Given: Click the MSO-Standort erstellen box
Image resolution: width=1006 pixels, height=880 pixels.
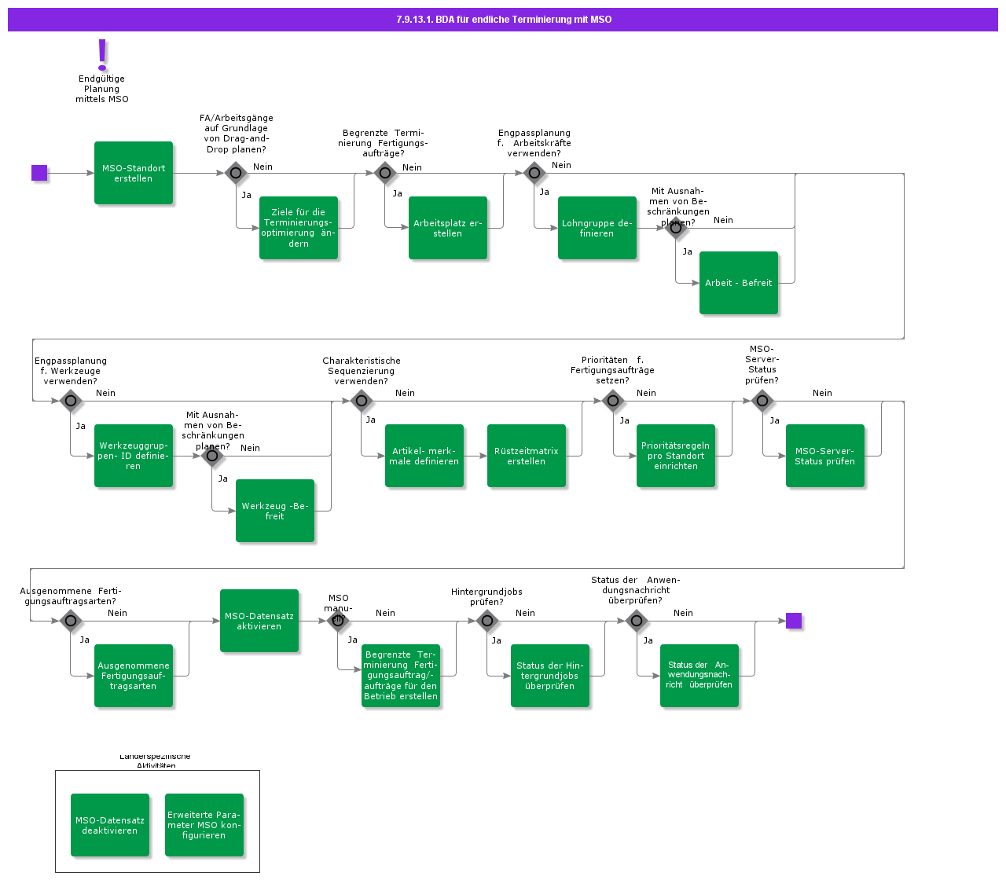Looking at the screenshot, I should tap(134, 173).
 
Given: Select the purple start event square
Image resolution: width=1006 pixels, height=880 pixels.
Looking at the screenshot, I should tap(39, 173).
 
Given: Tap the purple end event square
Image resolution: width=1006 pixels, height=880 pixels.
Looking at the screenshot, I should tap(794, 621).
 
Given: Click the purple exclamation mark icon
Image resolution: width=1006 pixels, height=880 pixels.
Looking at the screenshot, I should tap(102, 54).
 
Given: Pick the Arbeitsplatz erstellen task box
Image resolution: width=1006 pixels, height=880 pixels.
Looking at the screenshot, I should tap(448, 228).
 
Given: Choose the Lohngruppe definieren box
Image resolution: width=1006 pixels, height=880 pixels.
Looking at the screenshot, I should tap(597, 228).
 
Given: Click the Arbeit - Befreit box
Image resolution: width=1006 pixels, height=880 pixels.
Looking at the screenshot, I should tap(739, 283).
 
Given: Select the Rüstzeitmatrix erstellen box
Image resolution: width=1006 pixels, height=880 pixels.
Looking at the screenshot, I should tap(527, 456).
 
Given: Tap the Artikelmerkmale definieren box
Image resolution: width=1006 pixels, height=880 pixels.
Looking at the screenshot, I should tap(424, 456).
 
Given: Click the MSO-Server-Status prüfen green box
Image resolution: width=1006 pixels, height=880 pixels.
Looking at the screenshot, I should tap(825, 456).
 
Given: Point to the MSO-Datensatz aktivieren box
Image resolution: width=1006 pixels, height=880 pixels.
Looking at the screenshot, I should tap(259, 621).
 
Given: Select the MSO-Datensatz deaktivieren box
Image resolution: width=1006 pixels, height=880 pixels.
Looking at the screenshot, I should tap(110, 825).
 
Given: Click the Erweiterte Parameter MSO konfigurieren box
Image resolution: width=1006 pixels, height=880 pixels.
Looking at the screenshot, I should tap(204, 825).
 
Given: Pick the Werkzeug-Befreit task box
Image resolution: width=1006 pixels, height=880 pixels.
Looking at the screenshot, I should tap(275, 511).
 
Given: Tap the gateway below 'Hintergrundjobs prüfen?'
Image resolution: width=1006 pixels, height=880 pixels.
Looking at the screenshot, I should tap(487, 621).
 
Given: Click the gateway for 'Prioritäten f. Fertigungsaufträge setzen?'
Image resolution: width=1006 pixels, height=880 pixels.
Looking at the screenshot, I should tap(613, 401).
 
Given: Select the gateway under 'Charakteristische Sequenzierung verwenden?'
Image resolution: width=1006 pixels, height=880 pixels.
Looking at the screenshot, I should tap(362, 401).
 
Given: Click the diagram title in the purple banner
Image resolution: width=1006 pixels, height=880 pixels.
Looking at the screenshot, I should tap(503, 20).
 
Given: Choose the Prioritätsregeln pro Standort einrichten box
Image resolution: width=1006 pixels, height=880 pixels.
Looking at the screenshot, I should tap(676, 456).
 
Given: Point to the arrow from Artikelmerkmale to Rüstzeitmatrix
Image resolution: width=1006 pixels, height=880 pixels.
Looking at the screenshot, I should tap(475, 456).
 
